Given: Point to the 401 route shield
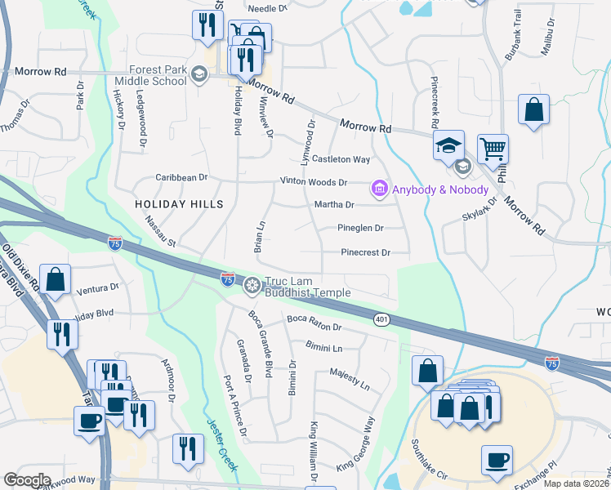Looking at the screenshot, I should pos(381,318).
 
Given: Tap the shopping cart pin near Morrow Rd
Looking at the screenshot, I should pos(493,149).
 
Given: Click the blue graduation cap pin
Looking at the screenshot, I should pos(448,146).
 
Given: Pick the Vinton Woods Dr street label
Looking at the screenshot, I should pos(314,182).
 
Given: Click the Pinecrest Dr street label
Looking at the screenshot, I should pos(365,253).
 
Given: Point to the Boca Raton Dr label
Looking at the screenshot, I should pos(314,326).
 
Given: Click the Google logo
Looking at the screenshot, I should pos(27,479).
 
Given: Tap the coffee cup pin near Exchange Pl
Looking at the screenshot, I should pos(497,460).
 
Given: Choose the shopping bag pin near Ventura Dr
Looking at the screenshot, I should pos(56,279).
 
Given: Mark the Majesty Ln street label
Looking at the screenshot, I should pos(350,378).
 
